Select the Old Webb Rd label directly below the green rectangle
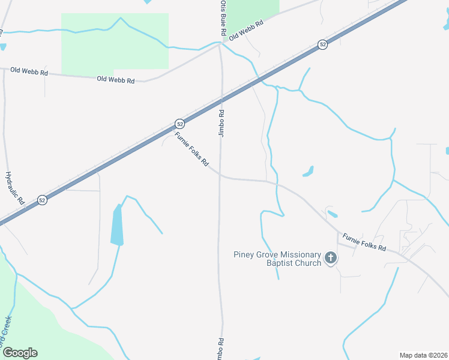click(115, 79)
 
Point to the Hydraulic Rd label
click(14, 188)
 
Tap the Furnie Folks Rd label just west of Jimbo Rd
click(191, 149)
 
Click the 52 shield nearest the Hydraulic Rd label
click(41, 199)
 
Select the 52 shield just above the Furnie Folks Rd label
click(179, 124)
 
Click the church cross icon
click(330, 258)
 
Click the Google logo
click(20, 353)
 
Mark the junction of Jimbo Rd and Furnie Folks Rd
click(221, 176)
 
